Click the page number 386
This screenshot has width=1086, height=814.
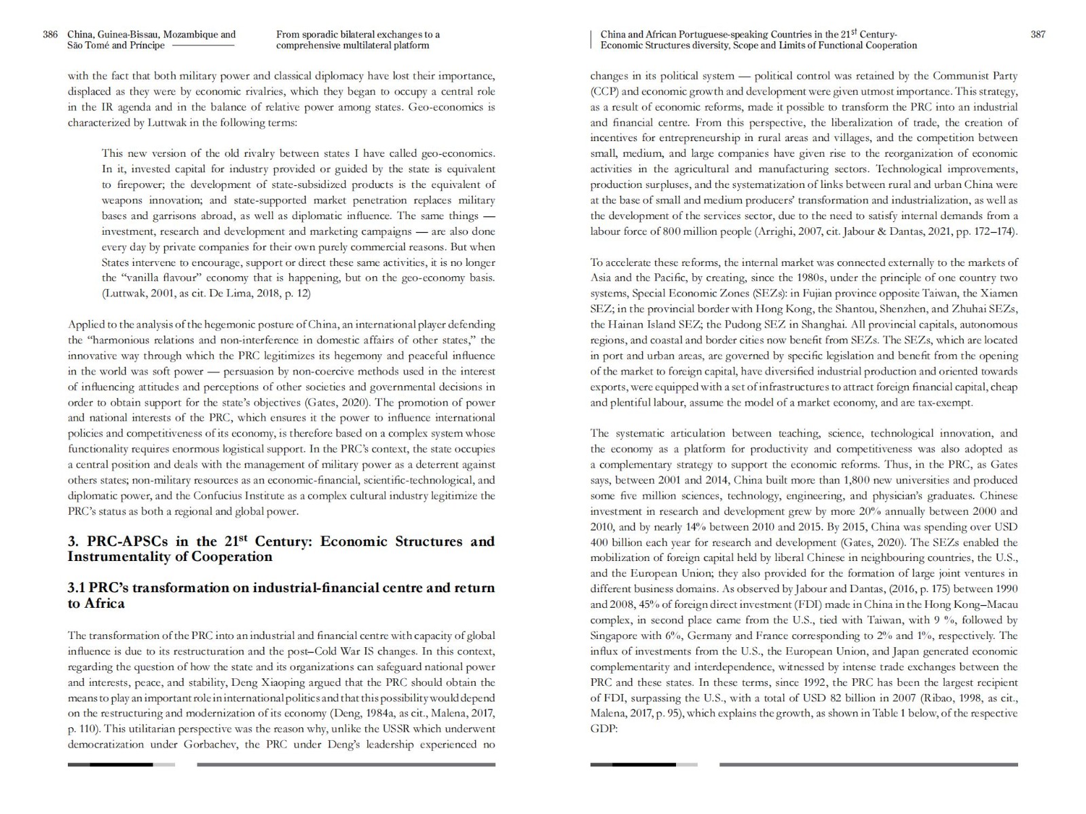click(x=50, y=35)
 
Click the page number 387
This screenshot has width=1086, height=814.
click(x=1038, y=35)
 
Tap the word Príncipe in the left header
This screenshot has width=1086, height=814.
click(x=147, y=45)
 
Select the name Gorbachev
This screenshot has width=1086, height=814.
click(x=211, y=744)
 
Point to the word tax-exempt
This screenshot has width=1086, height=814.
click(x=943, y=402)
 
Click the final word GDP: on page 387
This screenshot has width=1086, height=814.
click(x=603, y=729)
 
